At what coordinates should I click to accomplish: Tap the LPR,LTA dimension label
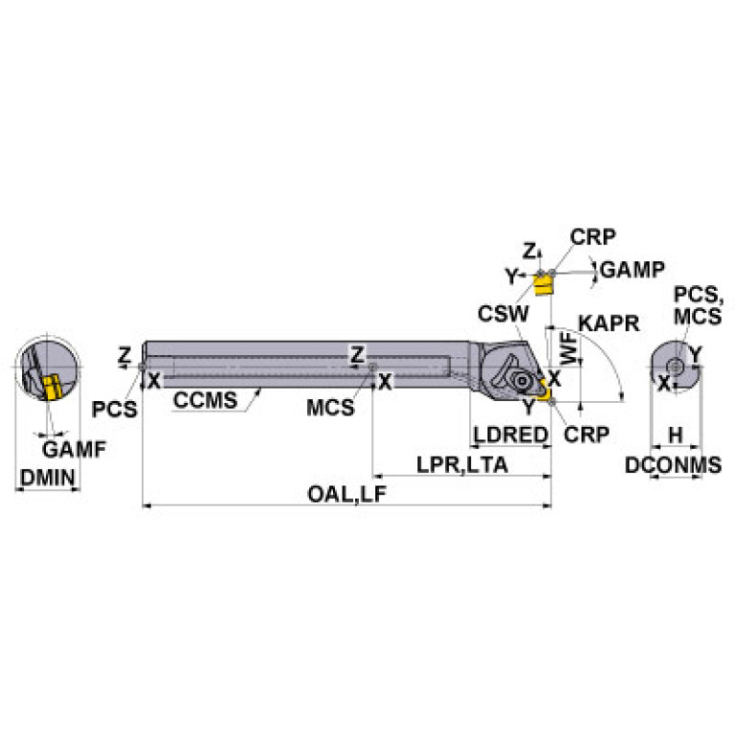tap(462, 464)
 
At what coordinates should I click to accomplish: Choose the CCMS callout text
tap(204, 400)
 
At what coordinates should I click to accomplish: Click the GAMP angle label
tap(631, 270)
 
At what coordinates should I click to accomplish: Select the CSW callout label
tap(503, 313)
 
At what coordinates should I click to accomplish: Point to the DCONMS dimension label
tap(673, 465)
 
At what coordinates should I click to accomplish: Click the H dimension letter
tap(676, 435)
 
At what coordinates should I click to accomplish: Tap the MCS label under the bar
tap(330, 407)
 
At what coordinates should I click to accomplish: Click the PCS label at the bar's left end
tap(115, 408)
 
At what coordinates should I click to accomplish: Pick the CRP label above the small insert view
tap(592, 237)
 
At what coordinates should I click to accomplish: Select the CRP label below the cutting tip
tap(585, 434)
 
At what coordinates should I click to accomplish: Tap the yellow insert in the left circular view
tap(50, 387)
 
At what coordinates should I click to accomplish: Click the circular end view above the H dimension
tap(675, 367)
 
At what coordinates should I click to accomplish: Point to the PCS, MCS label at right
tap(696, 305)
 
